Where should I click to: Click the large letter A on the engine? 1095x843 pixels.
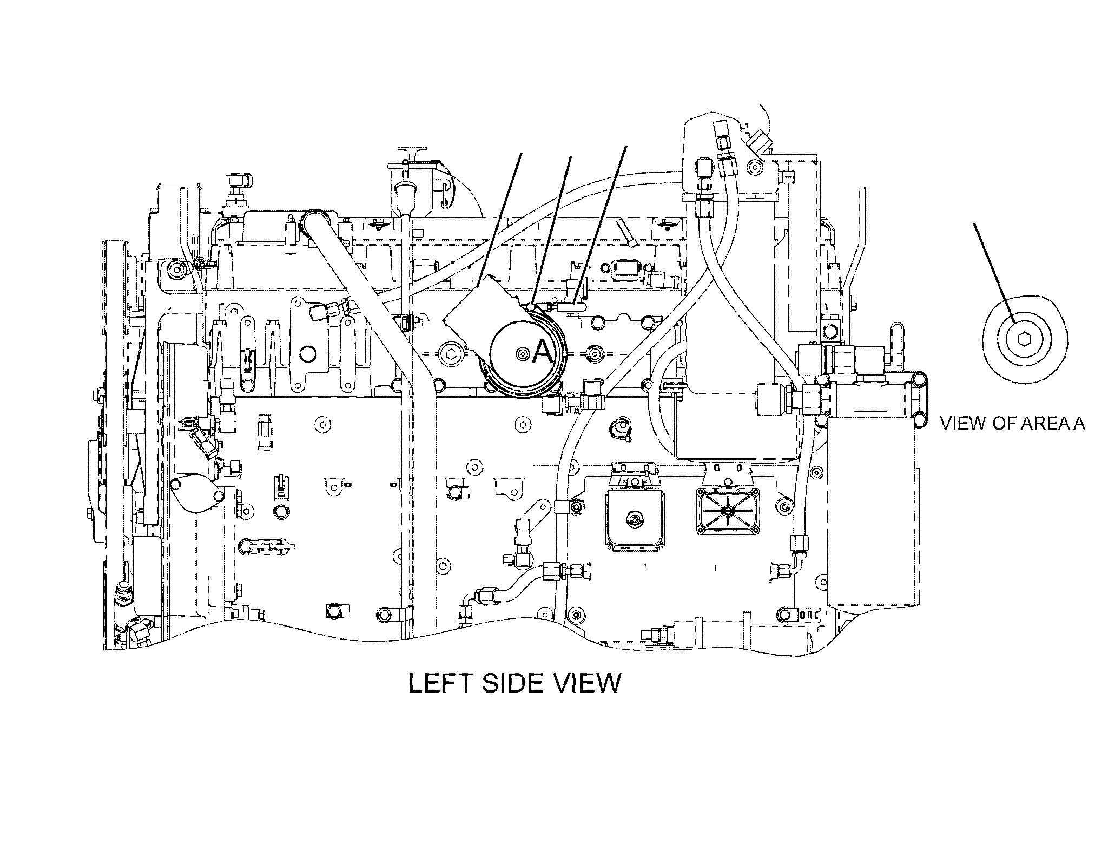tap(543, 353)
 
